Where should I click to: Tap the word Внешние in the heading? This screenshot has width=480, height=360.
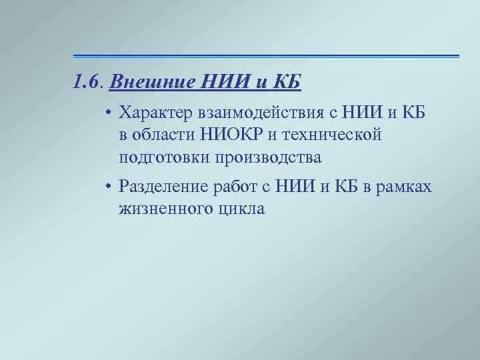(142, 83)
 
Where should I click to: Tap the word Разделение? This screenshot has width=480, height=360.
(164, 187)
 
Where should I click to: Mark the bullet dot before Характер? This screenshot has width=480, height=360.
(107, 113)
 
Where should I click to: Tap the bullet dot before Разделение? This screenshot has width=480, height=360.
(107, 188)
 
